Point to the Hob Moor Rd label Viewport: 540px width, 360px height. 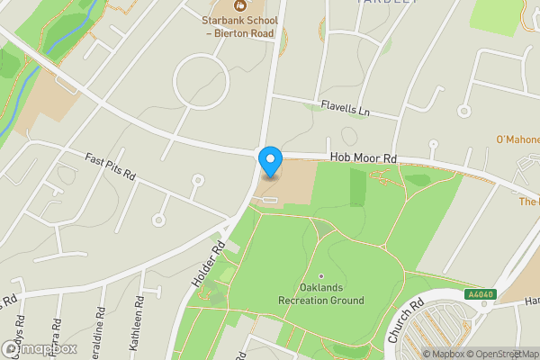pyautogui.click(x=363, y=157)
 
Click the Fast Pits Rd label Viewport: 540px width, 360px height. pyautogui.click(x=110, y=165)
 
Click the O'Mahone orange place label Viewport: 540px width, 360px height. pyautogui.click(x=517, y=139)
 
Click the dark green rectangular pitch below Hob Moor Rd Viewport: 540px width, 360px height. pyautogui.click(x=357, y=187)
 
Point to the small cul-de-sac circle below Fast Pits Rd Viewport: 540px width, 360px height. pyautogui.click(x=159, y=219)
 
